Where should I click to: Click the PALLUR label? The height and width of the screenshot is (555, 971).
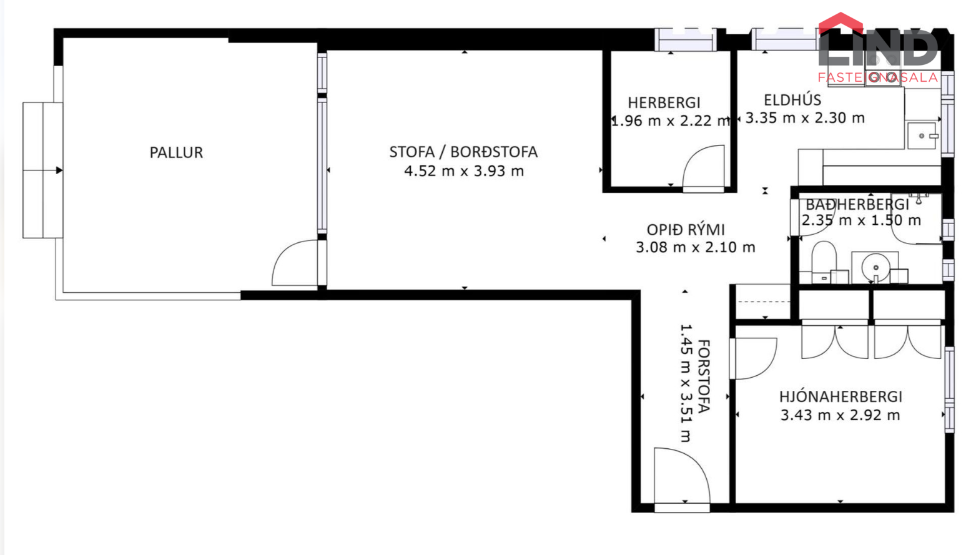176,152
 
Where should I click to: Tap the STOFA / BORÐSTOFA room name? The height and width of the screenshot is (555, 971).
463,152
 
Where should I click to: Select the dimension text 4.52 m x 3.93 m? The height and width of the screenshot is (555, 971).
464,171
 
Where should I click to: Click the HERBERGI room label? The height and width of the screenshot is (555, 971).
664,102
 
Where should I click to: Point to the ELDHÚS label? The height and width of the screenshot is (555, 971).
792,100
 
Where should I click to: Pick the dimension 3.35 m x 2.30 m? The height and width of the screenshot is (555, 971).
805,118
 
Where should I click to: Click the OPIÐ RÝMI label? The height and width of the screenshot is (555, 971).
686,229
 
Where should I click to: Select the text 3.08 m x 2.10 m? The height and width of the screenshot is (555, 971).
695,247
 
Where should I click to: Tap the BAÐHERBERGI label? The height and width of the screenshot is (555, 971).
857,204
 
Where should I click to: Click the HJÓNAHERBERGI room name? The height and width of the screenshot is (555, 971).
841,396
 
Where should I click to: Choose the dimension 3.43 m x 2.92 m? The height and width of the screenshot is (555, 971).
840,415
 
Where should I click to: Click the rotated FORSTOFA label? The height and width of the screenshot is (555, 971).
704,376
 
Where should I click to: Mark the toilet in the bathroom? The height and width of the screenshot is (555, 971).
824,262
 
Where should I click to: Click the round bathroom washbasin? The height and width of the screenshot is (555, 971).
875,268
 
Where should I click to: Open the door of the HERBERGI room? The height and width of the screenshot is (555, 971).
703,169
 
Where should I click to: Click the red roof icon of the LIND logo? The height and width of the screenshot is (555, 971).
840,23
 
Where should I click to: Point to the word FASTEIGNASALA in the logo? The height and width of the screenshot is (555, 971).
878,77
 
